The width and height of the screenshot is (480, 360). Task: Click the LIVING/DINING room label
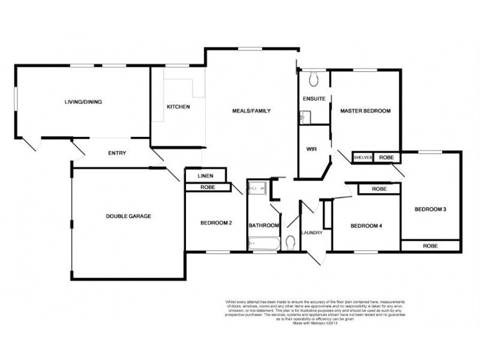[x=83, y=102]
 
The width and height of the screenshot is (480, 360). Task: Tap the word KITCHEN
[x=178, y=107]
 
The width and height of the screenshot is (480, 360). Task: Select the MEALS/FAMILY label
[x=252, y=111]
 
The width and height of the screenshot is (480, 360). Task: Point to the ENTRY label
[x=117, y=153]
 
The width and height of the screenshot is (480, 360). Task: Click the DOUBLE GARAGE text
[x=128, y=216]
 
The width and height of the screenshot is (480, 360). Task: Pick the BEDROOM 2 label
[x=216, y=223]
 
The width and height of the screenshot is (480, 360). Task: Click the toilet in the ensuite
[x=313, y=79]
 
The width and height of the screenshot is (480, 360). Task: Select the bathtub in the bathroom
[x=262, y=244]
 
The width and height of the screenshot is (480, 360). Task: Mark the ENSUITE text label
[x=313, y=98]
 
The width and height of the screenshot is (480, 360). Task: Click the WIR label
[x=311, y=149]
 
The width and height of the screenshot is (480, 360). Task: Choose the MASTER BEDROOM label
[x=365, y=111]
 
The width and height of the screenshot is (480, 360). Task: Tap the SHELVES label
[x=364, y=157]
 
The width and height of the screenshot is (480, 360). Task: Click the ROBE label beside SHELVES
[x=387, y=157]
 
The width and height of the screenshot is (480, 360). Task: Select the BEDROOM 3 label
[x=430, y=209]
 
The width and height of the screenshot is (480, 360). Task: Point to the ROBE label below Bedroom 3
[x=430, y=246]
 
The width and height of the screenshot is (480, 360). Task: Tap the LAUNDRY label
[x=312, y=233]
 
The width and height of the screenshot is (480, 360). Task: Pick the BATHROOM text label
[x=264, y=226]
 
